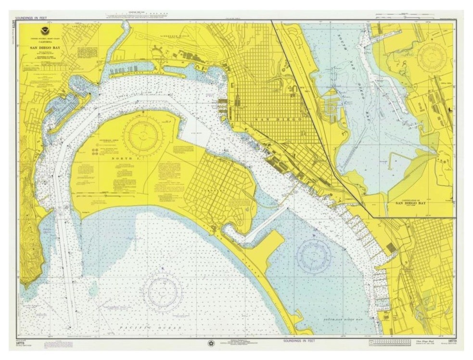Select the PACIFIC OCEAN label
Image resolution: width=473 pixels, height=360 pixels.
[x=164, y=327]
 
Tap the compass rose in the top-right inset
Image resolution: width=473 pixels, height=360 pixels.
[x=431, y=57]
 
